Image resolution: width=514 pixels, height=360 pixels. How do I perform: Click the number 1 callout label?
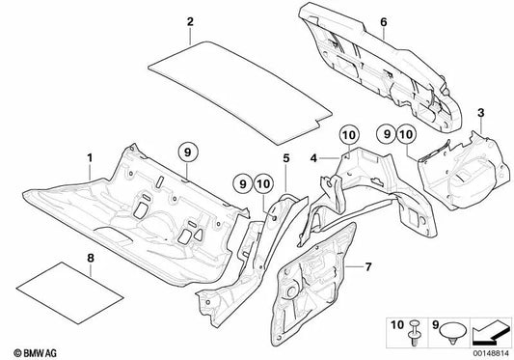[x=90, y=158]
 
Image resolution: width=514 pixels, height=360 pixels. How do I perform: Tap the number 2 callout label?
[x=190, y=21]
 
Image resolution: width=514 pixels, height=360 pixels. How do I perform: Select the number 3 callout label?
[x=480, y=113]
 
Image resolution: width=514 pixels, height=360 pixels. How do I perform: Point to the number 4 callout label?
[x=313, y=158]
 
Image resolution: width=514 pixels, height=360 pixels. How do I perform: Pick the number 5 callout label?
[x=286, y=158]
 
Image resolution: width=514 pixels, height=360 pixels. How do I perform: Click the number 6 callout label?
[x=384, y=22]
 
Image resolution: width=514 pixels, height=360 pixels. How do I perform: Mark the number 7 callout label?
[x=368, y=267]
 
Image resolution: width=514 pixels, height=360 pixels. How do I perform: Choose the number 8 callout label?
[x=91, y=259]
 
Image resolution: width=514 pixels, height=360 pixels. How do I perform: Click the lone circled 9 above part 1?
[x=187, y=152]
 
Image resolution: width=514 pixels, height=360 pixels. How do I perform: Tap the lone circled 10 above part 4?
[x=349, y=134]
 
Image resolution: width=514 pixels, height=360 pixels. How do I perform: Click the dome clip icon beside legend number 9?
[x=454, y=332]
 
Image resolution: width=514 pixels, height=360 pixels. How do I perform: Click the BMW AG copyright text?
[x=35, y=353]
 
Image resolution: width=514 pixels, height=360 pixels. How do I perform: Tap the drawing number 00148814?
[x=491, y=353]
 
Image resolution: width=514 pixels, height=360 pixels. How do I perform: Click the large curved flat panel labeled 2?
[x=240, y=94]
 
